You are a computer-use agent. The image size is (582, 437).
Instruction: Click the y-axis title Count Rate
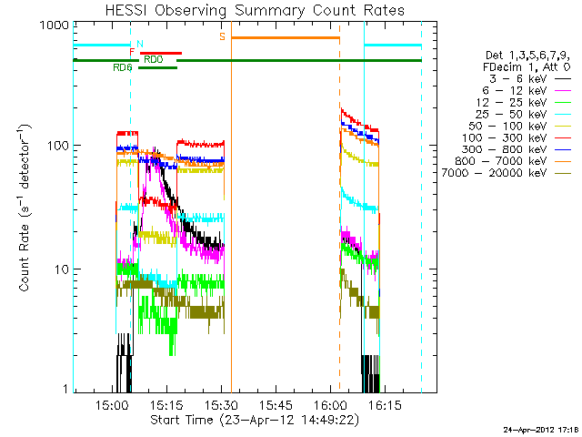(x=26, y=207)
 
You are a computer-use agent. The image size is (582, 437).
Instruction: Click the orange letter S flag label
(x=222, y=36)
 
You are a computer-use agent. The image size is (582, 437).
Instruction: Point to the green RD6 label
(x=123, y=67)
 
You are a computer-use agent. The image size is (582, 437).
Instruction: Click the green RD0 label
(x=154, y=59)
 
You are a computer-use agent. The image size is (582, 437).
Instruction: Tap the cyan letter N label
(x=139, y=44)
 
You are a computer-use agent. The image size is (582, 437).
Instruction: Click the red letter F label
(x=133, y=53)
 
